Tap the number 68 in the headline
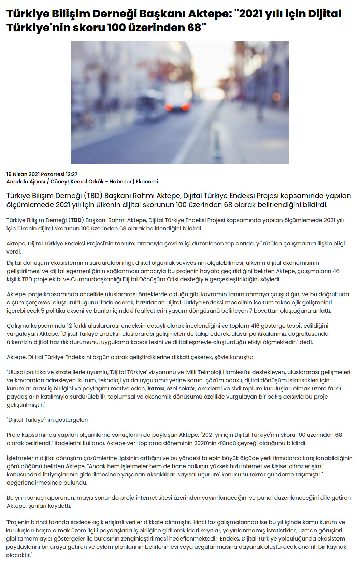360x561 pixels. [194, 27]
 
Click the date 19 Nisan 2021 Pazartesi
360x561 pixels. [35, 174]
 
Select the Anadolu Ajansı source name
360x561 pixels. [26, 182]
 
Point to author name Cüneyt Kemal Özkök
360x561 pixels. [77, 182]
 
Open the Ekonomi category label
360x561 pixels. [147, 182]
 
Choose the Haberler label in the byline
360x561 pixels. [120, 182]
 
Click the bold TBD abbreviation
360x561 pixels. [76, 220]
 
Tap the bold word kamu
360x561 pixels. [156, 388]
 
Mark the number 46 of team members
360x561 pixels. [336, 271]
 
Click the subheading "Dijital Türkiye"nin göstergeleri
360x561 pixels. [47, 420]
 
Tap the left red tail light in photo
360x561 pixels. [169, 106]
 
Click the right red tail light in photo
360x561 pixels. [185, 106]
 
